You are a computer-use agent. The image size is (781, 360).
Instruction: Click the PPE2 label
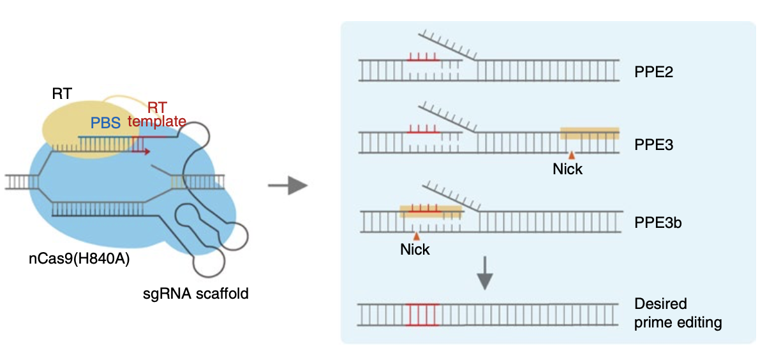click(x=654, y=71)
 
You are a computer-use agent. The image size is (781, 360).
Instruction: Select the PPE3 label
click(x=654, y=145)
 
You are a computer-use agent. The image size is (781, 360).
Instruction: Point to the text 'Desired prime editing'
click(x=678, y=313)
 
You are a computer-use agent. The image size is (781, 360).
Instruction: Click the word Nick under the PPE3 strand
click(x=568, y=170)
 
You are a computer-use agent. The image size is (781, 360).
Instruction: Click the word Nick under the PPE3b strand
click(x=415, y=249)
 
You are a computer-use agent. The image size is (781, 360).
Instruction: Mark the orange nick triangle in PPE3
click(x=572, y=155)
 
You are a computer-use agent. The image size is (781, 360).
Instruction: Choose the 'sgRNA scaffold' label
click(x=195, y=294)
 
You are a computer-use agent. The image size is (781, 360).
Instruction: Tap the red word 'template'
click(x=157, y=121)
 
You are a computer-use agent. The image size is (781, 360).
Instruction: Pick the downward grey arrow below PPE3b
click(x=485, y=273)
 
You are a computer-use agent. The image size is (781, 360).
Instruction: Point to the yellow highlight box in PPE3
click(x=589, y=133)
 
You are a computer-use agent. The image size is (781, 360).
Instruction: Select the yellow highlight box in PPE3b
click(x=430, y=211)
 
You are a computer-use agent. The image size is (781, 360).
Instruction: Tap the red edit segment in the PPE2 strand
click(x=422, y=61)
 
